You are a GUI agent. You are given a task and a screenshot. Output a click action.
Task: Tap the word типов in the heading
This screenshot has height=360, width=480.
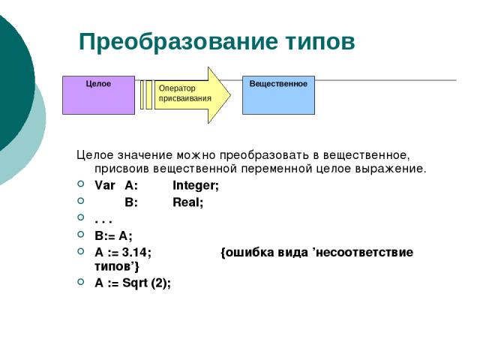click(321, 42)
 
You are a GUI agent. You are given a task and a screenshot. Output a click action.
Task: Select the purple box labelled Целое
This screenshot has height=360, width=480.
click(98, 95)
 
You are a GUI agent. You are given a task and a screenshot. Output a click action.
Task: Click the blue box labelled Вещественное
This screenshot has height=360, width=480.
click(278, 95)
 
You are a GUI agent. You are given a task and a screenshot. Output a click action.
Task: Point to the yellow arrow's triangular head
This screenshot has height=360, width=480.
click(218, 95)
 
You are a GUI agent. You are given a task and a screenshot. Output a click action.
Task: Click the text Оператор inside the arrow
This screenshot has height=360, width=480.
click(177, 88)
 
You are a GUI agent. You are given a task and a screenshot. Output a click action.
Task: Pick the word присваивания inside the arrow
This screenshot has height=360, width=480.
click(185, 98)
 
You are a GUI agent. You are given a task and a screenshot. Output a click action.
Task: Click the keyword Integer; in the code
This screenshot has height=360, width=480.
click(196, 185)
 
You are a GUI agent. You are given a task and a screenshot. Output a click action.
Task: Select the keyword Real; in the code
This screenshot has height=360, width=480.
click(187, 202)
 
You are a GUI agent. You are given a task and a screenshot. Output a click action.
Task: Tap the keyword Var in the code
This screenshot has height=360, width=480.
click(105, 185)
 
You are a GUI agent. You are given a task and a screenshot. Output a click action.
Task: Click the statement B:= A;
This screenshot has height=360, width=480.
click(113, 235)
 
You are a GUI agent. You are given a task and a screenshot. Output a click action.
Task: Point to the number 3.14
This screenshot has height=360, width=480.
click(135, 252)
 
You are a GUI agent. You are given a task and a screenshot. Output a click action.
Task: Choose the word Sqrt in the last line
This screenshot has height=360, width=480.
click(135, 283)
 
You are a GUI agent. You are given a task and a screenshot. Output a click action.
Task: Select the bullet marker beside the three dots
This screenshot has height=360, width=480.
click(81, 217)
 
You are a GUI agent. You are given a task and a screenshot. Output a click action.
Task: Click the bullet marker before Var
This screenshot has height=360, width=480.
click(81, 184)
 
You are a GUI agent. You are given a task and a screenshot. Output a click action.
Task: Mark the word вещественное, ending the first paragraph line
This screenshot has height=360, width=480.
click(367, 155)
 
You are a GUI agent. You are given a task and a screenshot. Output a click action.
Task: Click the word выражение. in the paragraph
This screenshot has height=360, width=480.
click(391, 169)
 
